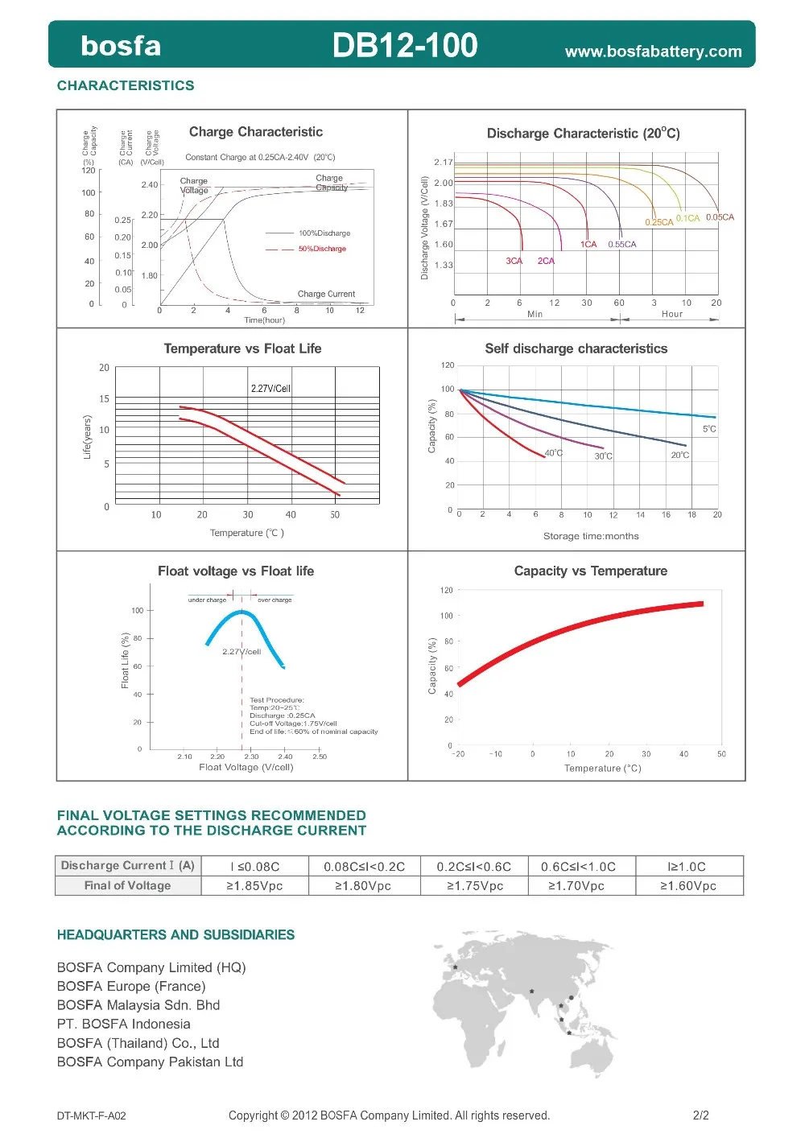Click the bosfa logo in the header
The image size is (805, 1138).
(x=121, y=46)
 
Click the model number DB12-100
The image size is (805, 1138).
(x=404, y=45)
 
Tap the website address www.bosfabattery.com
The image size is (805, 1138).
(x=653, y=52)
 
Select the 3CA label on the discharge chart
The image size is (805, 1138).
(x=514, y=261)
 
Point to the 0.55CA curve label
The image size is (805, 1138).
(x=621, y=245)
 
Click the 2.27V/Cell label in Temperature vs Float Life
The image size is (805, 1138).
(x=270, y=389)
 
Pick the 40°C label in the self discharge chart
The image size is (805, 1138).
(x=554, y=453)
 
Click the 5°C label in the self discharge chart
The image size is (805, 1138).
(x=708, y=429)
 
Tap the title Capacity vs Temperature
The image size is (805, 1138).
(x=590, y=571)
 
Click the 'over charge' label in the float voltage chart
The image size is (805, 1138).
(x=275, y=600)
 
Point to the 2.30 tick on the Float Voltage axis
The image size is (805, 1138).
(x=251, y=757)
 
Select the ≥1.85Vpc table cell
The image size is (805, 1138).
(x=254, y=885)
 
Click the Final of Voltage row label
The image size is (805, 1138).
(x=127, y=885)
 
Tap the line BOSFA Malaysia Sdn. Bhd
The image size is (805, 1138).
(x=138, y=1005)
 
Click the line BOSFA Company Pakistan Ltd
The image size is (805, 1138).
(x=150, y=1062)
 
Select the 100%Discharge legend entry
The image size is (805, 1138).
(x=324, y=233)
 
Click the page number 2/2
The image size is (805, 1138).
(x=700, y=1115)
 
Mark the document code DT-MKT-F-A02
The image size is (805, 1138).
(x=91, y=1115)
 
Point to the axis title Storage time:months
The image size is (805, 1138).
(x=591, y=536)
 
